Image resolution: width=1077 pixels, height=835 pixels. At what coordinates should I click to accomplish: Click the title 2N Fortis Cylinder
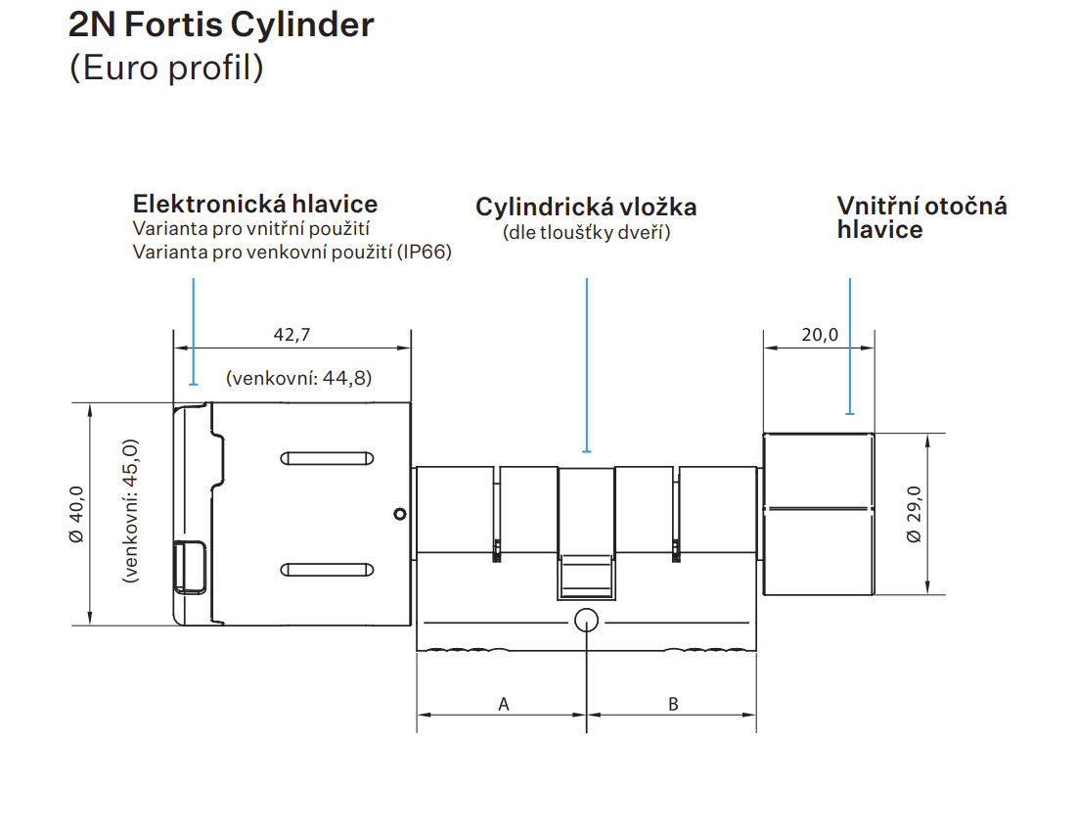(221, 24)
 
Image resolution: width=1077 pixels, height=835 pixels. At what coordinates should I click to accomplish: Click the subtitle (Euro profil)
(166, 70)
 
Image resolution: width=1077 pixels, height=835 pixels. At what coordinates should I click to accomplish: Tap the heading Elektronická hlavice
(254, 205)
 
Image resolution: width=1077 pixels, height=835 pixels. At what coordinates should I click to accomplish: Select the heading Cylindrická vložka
(586, 208)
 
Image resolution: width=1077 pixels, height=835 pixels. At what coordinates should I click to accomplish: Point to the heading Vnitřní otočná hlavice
(920, 217)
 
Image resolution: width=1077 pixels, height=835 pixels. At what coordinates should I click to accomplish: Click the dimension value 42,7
(292, 335)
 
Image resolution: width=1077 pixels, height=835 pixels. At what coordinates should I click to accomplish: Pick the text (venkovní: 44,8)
(298, 378)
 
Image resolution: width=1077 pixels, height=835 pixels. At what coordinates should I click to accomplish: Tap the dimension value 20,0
(820, 335)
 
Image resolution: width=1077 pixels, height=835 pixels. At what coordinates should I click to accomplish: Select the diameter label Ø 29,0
(914, 513)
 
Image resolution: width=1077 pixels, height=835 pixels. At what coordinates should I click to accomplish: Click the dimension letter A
(504, 703)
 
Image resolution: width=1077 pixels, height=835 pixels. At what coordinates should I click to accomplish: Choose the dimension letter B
(673, 703)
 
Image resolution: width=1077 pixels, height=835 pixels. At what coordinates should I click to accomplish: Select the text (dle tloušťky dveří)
(586, 233)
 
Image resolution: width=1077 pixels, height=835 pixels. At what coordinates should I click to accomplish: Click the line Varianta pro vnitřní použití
(249, 229)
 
